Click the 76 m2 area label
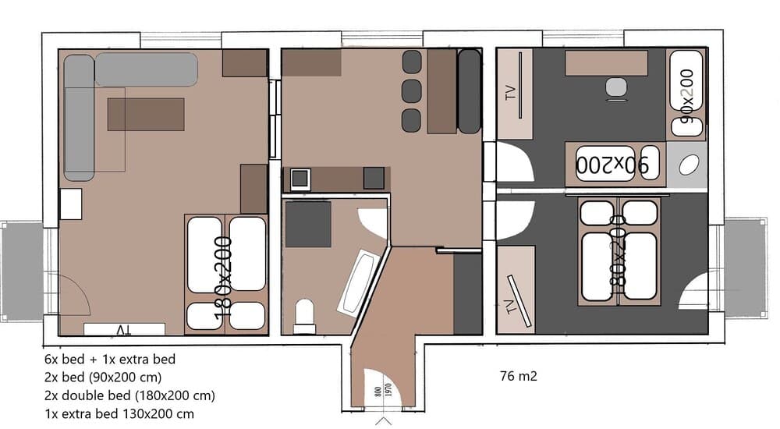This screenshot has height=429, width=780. tap(519, 377)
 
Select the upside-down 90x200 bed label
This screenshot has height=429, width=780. tap(612, 165)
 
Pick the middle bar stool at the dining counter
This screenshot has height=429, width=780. tap(411, 90)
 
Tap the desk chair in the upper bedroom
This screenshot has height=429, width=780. tap(617, 89)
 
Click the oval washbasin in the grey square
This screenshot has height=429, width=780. tap(689, 165)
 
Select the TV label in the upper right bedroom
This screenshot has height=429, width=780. tap(511, 94)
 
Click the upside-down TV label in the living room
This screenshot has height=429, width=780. tap(123, 330)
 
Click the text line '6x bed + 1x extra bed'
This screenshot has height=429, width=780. tap(110, 360)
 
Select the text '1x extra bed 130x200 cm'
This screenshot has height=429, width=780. tap(119, 413)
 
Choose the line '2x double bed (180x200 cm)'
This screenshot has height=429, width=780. tap(129, 395)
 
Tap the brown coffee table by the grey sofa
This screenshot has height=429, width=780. tap(146, 114)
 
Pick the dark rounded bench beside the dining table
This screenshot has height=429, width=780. tap(469, 91)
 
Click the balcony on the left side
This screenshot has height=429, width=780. tap(21, 271)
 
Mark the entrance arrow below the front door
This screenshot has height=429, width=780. tap(383, 421)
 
